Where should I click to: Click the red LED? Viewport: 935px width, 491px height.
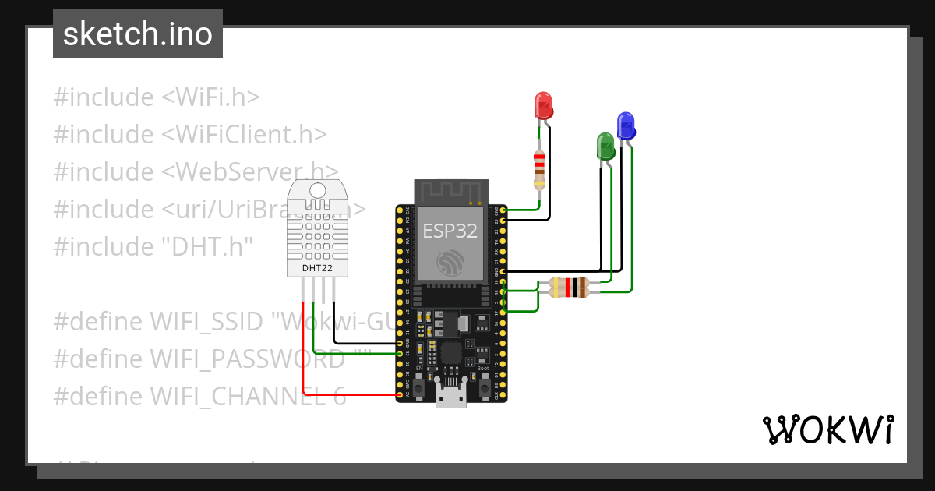click(x=543, y=104)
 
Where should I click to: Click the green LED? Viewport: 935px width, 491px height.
click(x=605, y=145)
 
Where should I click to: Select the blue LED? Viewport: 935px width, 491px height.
click(x=626, y=125)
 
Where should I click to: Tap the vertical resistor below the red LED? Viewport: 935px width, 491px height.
click(x=539, y=169)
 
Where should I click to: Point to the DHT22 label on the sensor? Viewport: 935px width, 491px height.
click(x=317, y=268)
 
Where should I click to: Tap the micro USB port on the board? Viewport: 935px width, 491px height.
click(x=450, y=396)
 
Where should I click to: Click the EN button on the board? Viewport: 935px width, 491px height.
click(x=418, y=385)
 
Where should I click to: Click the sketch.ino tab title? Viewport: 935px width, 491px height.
click(x=138, y=34)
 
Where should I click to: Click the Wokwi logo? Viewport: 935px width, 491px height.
click(x=827, y=429)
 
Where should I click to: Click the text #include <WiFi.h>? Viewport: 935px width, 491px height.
click(x=156, y=97)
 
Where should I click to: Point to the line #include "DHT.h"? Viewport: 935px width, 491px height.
click(x=153, y=247)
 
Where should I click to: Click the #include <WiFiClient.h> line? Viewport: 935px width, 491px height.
click(x=189, y=134)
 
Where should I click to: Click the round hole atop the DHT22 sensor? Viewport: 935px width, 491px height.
click(x=317, y=190)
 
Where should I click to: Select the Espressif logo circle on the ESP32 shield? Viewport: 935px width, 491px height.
click(x=450, y=263)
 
